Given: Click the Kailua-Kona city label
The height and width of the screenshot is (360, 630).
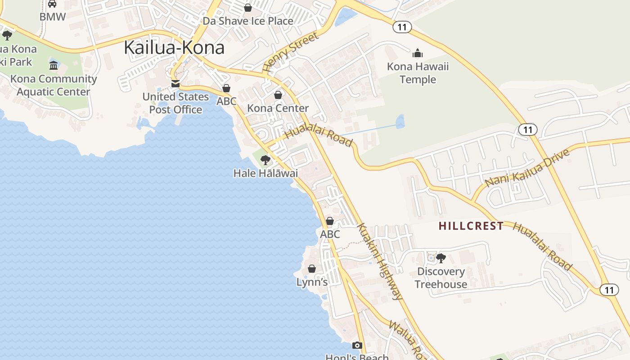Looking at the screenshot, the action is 174,48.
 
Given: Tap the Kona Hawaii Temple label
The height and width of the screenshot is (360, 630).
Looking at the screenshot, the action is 418,73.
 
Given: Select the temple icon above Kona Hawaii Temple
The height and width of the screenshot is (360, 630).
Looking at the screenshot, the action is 418,54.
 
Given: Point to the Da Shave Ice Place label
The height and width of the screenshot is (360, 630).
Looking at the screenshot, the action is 247,21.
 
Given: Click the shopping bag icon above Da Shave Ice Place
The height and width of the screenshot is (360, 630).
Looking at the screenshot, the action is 247,8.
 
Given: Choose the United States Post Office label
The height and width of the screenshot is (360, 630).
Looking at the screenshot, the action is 175,103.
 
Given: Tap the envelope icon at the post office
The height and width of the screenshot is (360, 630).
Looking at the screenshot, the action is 175,84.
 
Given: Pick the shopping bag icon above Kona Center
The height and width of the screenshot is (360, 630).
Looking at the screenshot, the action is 278,95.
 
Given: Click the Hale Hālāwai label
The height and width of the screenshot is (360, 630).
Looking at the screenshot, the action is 265,173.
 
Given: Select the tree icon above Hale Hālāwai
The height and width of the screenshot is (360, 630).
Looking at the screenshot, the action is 265,160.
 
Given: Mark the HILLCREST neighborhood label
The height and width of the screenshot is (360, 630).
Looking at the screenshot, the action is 471,226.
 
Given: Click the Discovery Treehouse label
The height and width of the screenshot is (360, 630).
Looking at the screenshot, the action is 441,278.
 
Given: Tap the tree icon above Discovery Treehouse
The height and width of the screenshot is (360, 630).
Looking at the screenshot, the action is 441,258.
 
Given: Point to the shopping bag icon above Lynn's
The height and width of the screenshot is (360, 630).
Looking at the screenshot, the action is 312,269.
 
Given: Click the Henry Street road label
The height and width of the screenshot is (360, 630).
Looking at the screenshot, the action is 290,53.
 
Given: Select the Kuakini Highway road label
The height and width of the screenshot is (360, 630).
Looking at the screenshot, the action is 380,261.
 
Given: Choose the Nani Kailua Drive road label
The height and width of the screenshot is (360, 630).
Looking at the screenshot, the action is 528,167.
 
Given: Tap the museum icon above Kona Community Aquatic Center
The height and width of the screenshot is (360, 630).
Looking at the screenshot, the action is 54,66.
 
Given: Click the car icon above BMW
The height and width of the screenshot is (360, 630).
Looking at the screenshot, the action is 52,4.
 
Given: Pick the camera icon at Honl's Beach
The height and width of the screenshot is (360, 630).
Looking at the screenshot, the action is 357,346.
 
